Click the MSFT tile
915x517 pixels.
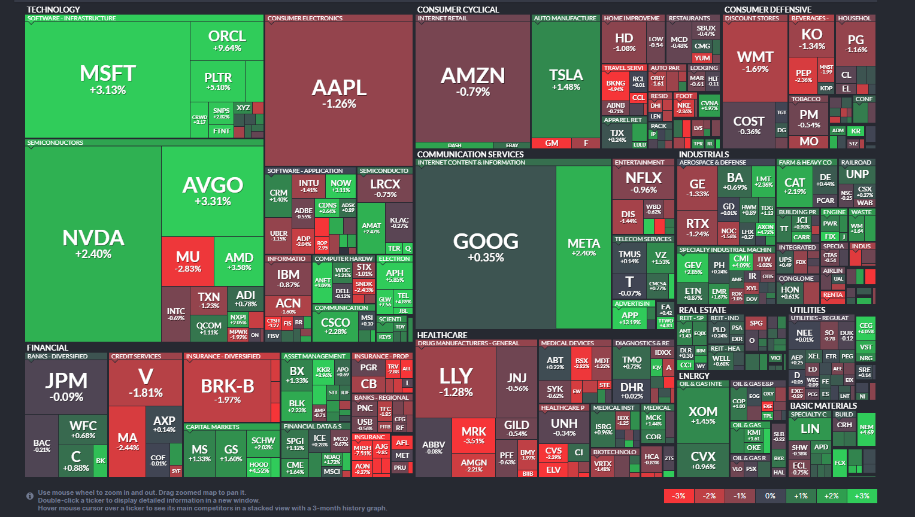tap(108, 80)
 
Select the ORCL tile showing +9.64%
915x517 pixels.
tap(227, 40)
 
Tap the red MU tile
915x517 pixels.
tap(187, 261)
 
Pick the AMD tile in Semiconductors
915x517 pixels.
tap(239, 261)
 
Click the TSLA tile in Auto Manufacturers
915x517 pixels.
tap(566, 78)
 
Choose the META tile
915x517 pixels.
tap(583, 247)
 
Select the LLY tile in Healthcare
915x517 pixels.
tap(456, 381)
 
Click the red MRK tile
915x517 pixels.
tap(474, 435)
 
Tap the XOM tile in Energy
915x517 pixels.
tap(702, 415)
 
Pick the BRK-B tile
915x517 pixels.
tap(228, 391)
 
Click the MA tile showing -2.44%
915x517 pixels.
tap(128, 442)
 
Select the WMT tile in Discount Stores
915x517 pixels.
tap(755, 61)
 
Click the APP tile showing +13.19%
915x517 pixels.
tap(629, 318)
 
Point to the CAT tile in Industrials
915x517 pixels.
tap(795, 185)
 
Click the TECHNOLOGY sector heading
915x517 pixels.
tap(53, 10)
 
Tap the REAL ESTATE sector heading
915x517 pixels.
tap(702, 310)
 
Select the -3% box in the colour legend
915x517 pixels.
tap(678, 495)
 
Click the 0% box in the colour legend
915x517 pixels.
tap(770, 495)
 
